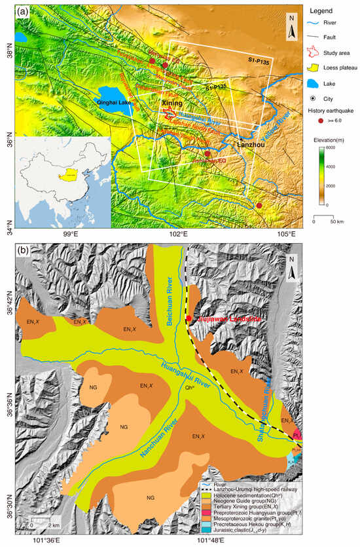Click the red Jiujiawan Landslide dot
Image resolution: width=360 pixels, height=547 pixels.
click(189, 318)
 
